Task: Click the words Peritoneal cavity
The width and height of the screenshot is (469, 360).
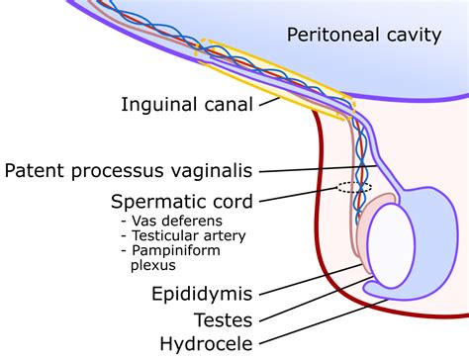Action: click(363, 37)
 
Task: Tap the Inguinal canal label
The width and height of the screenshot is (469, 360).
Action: click(188, 103)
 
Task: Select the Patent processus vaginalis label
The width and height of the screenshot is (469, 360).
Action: click(142, 170)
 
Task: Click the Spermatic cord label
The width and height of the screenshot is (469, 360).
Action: click(181, 202)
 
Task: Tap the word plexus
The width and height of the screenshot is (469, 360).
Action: click(151, 266)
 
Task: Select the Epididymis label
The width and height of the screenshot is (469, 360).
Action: click(201, 294)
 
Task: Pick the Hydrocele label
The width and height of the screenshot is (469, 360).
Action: click(207, 344)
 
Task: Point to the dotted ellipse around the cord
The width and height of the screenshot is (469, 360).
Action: click(353, 187)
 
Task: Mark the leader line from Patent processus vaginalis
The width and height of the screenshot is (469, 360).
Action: click(317, 169)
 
